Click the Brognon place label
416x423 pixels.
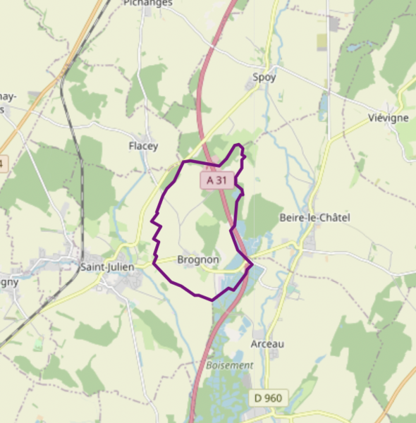click(x=198, y=259)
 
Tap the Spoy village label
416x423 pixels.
click(x=264, y=77)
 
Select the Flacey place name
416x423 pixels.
click(x=143, y=147)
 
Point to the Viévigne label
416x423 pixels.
click(x=389, y=118)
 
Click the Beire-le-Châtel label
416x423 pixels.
click(x=314, y=218)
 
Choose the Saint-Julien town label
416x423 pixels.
click(x=108, y=266)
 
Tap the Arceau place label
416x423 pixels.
click(x=267, y=344)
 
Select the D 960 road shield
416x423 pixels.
click(x=268, y=398)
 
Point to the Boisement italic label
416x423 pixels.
click(x=230, y=365)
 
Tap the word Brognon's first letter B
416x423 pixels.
click(x=182, y=259)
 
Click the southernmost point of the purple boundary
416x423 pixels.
click(x=212, y=300)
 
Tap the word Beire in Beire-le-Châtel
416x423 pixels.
click(x=291, y=218)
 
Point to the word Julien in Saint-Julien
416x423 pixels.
click(x=121, y=266)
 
